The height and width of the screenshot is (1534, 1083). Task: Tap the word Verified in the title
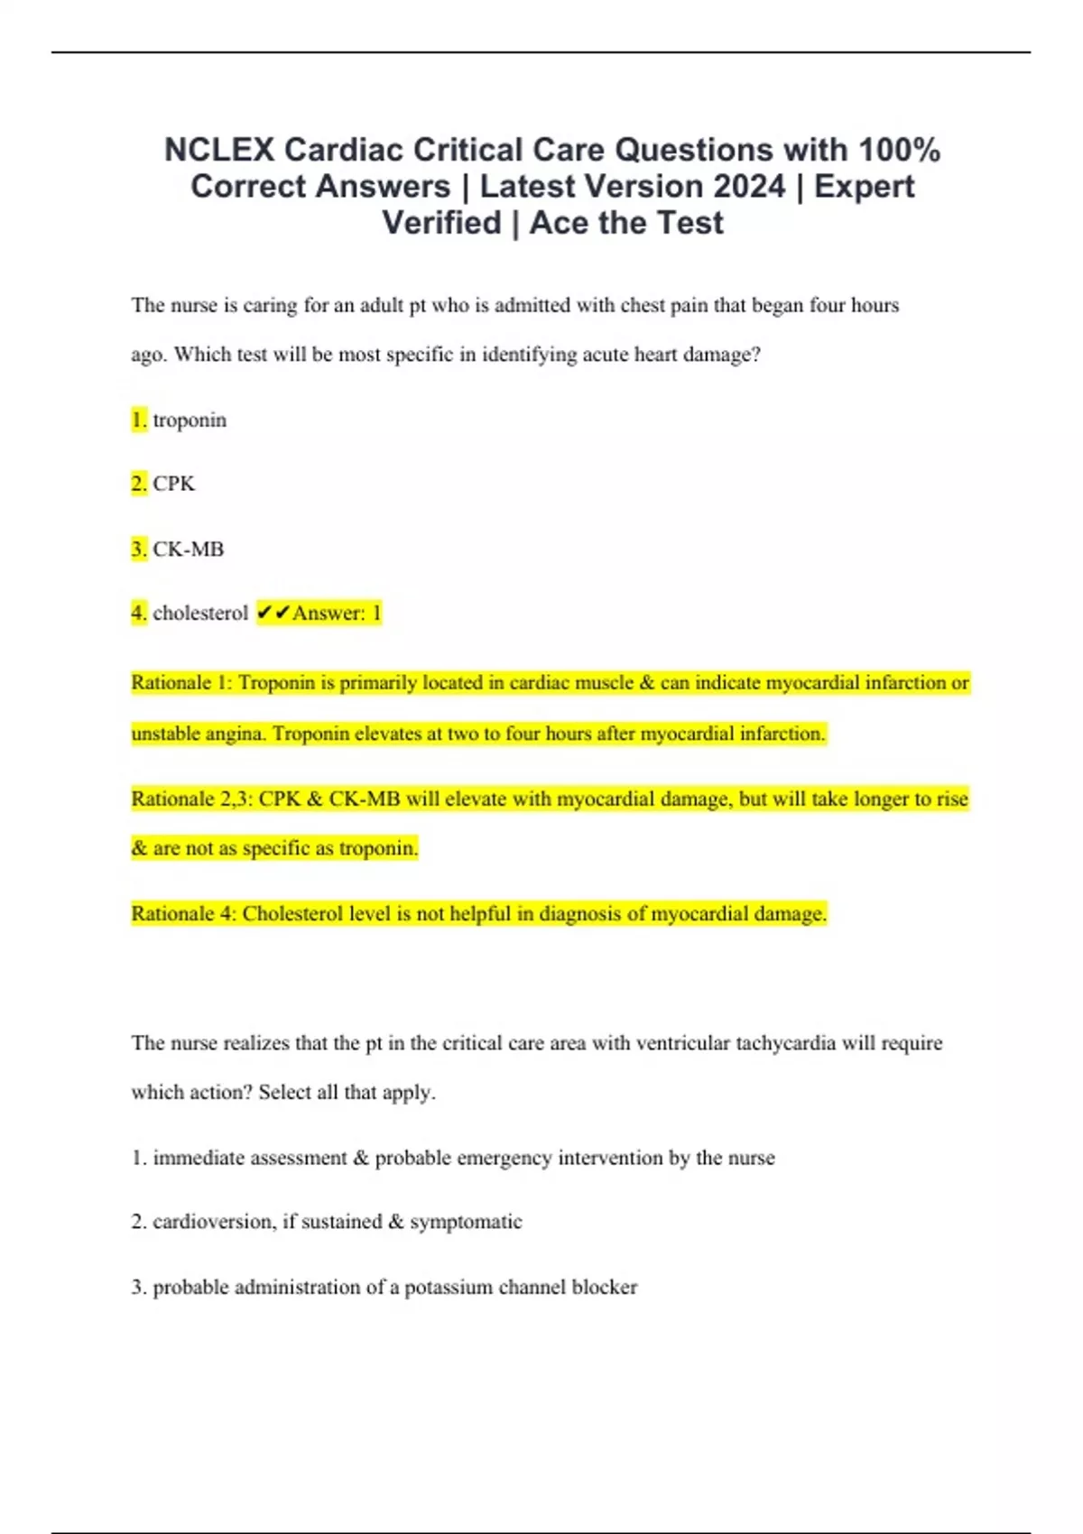(441, 223)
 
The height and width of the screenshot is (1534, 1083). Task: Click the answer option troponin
(190, 420)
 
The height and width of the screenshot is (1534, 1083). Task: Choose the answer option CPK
(174, 484)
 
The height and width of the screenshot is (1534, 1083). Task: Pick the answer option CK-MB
(188, 549)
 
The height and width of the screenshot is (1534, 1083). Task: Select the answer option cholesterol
(200, 614)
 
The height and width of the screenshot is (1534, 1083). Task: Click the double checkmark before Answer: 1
(273, 614)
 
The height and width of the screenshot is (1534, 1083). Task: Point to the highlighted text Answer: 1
(337, 614)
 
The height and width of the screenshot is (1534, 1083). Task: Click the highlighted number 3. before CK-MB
(139, 549)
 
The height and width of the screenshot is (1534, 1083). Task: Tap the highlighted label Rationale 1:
(181, 683)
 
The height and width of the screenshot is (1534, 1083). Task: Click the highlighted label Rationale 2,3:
(191, 799)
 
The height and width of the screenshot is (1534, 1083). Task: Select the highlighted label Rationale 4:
(183, 914)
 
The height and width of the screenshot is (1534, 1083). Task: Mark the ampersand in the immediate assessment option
(361, 1158)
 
